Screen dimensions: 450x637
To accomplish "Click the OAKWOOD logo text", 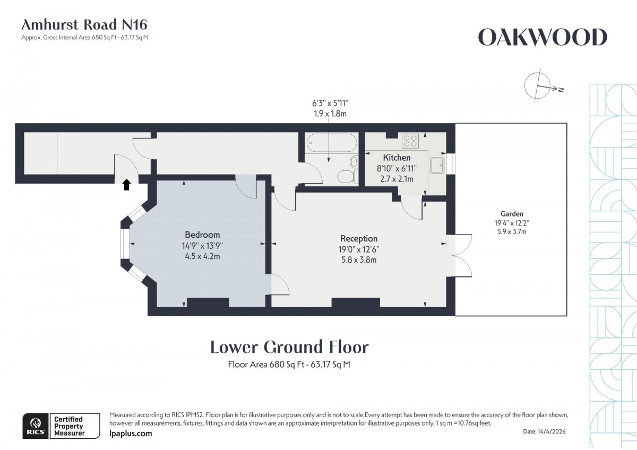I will (x=543, y=38).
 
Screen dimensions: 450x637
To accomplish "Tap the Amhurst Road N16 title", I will (x=84, y=24).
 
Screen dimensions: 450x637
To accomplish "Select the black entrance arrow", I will (x=126, y=184).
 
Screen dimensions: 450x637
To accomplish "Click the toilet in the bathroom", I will (x=346, y=176).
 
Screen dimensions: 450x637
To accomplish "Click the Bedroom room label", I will (x=202, y=235).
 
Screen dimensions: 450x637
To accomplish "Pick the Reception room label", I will (x=359, y=239).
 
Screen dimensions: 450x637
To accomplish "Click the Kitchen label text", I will (x=397, y=158).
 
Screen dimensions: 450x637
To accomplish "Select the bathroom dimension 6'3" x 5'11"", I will (x=330, y=103).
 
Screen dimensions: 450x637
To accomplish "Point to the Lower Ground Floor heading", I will (x=289, y=347).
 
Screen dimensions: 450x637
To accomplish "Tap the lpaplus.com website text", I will (x=130, y=434).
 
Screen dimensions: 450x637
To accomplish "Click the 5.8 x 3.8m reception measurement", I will (x=359, y=260).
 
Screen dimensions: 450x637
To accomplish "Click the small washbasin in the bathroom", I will (x=355, y=161).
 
